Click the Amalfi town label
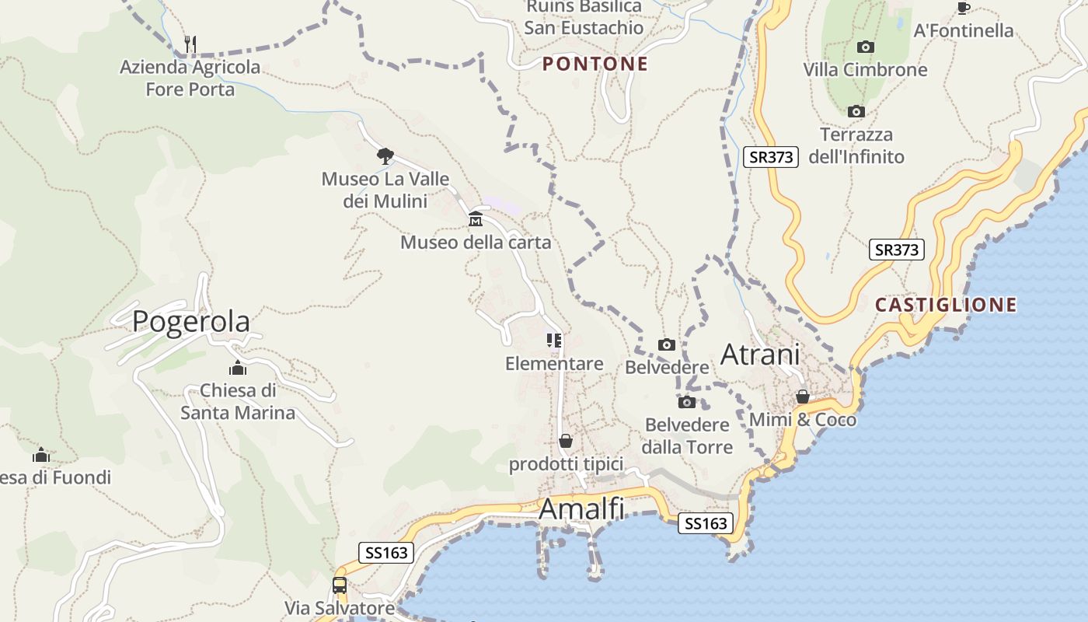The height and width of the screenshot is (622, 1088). tap(581, 508)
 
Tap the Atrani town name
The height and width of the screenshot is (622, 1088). tap(760, 355)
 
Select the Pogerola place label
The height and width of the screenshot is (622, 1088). tap(191, 321)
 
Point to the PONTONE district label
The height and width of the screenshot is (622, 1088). tap(595, 64)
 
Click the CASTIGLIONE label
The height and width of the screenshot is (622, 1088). tap(946, 305)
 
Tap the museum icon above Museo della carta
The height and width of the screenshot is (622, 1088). tap(476, 219)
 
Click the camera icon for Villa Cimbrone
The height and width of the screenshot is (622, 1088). tap(865, 47)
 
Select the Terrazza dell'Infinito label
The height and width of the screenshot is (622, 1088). tap(856, 145)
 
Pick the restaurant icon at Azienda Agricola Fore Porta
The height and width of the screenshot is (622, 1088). tap(190, 43)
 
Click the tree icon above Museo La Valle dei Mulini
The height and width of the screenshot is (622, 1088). tap(385, 155)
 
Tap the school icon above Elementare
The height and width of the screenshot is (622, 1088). tap(554, 341)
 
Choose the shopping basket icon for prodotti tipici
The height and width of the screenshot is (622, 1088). tap(566, 441)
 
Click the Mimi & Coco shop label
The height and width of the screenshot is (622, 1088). tap(803, 420)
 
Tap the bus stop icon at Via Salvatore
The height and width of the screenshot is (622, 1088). tap(340, 585)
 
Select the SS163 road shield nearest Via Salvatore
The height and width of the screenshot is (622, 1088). tap(386, 553)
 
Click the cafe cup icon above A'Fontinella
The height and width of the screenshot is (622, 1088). tap(964, 8)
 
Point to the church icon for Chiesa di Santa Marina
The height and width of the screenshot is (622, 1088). tap(238, 368)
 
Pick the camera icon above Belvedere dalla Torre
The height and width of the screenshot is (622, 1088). tap(686, 402)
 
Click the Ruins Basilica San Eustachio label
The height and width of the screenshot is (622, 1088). tap(584, 17)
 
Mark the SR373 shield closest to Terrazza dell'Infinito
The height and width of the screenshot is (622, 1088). tap(771, 157)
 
